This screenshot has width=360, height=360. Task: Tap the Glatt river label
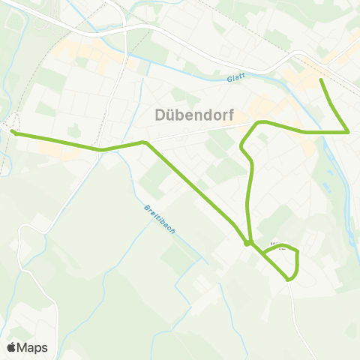pyautogui.click(x=236, y=78)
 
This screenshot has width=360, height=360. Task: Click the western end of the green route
pyautogui.click(x=13, y=133)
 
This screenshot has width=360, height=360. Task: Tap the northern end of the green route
pyautogui.click(x=322, y=79)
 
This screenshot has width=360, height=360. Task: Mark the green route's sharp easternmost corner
pyautogui.click(x=349, y=132)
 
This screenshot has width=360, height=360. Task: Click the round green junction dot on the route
pyautogui.click(x=247, y=242)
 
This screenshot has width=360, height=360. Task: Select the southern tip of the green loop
pyautogui.click(x=289, y=280)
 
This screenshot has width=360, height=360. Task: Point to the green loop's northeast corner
pyautogui.click(x=298, y=252)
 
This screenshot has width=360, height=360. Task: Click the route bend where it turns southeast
pyautogui.click(x=143, y=142)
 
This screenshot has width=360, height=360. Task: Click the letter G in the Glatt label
pyautogui.click(x=228, y=78)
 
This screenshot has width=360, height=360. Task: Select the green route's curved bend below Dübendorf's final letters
pyautogui.click(x=259, y=122)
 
